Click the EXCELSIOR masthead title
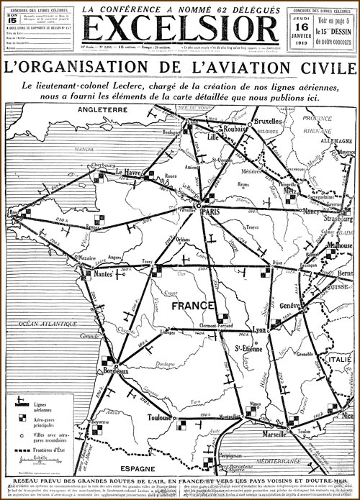click(x=180, y=29)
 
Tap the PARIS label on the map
click(x=210, y=214)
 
